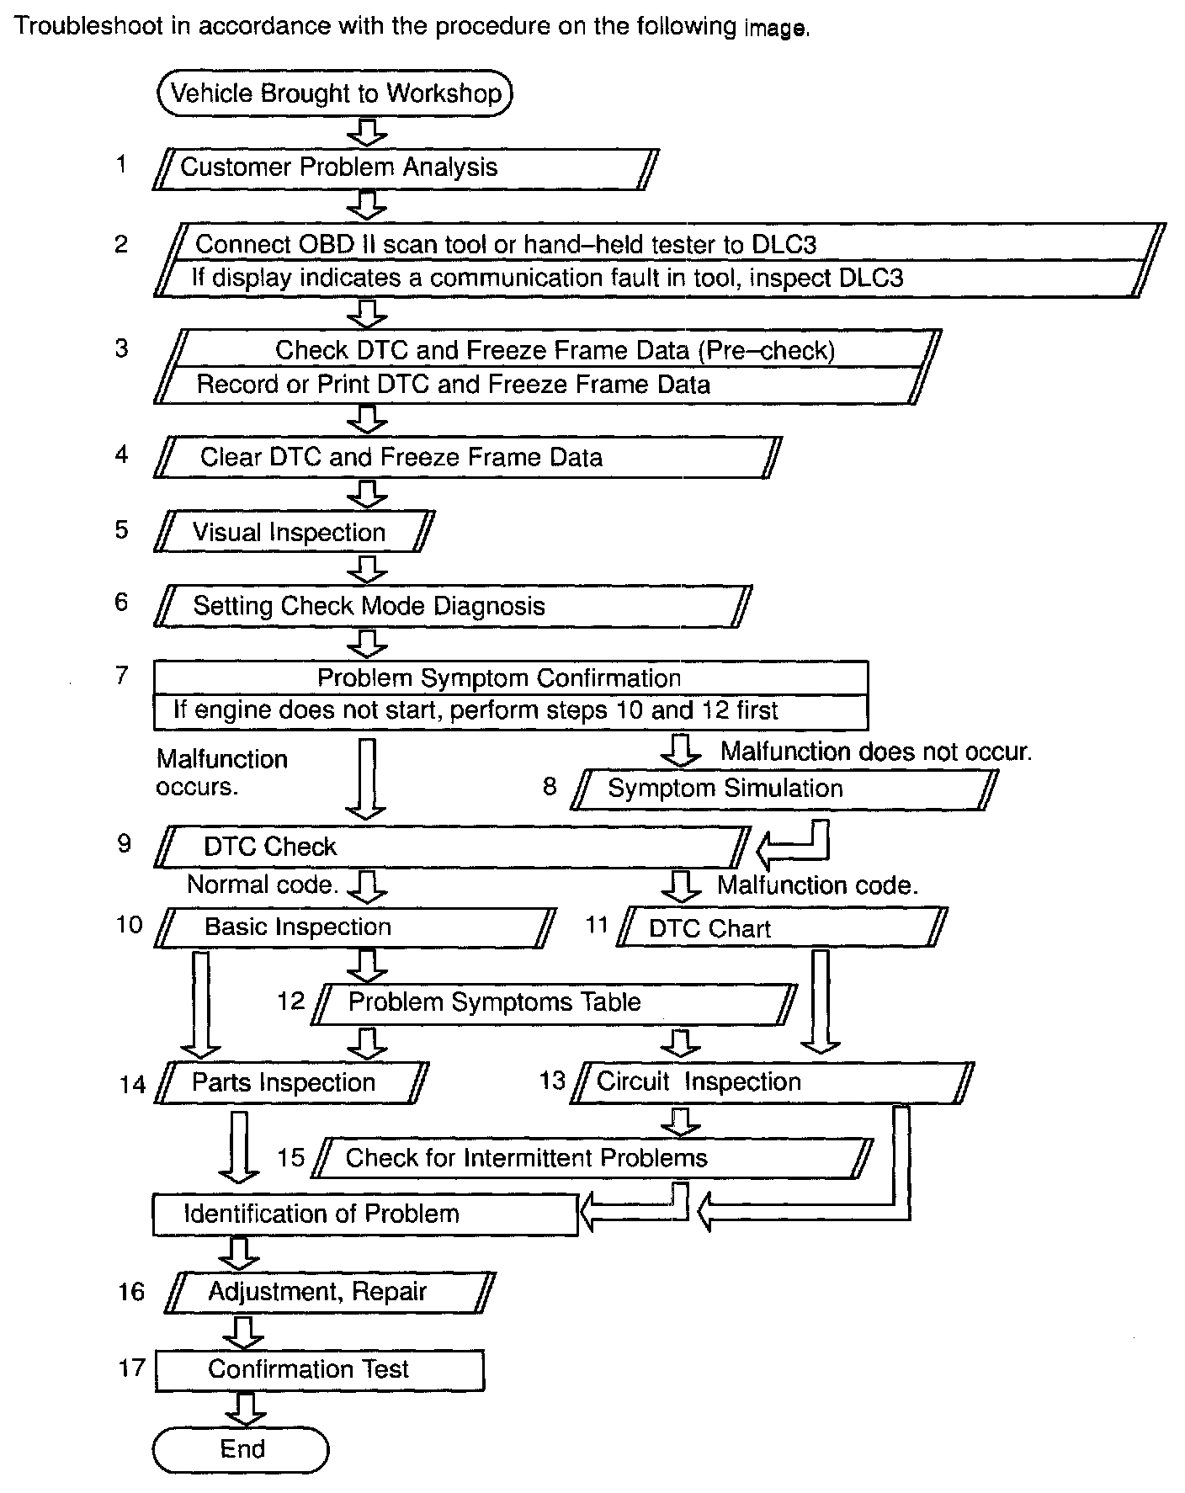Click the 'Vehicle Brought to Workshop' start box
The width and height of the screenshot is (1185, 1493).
pyautogui.click(x=335, y=93)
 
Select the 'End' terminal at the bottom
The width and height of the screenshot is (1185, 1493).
pyautogui.click(x=241, y=1449)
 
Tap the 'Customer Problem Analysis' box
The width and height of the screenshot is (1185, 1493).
pyautogui.click(x=406, y=168)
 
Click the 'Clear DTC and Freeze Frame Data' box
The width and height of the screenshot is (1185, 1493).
pyautogui.click(x=468, y=457)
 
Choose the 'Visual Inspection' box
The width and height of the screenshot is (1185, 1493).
pyautogui.click(x=295, y=532)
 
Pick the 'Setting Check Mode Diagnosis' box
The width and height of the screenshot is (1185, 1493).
pyautogui.click(x=453, y=606)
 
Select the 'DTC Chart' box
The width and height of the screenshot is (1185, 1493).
pyautogui.click(x=783, y=927)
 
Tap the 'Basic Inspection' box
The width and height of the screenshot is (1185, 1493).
pyautogui.click(x=355, y=927)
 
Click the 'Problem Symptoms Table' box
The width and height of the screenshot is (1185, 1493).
pyautogui.click(x=555, y=1003)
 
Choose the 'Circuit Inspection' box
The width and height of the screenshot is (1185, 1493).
pyautogui.click(x=773, y=1082)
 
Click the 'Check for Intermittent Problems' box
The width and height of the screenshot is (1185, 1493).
pyautogui.click(x=592, y=1158)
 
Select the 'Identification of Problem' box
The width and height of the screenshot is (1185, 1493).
pyautogui.click(x=365, y=1214)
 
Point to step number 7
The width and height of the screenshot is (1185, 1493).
pyautogui.click(x=123, y=675)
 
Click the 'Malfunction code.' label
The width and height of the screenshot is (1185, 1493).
pyautogui.click(x=817, y=885)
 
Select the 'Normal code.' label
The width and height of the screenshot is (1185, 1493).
pyautogui.click(x=263, y=885)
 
